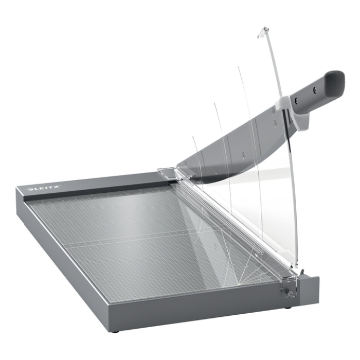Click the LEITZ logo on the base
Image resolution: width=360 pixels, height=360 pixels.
(44, 188)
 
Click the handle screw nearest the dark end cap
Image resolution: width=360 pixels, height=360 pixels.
(315, 91)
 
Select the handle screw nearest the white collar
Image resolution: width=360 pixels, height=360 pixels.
(296, 100)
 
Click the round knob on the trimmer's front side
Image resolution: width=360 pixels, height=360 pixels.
(290, 293)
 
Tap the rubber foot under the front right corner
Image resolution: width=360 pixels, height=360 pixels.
(287, 307)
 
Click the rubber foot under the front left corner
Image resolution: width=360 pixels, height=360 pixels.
(118, 332)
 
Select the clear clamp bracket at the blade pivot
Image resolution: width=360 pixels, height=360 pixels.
(167, 173)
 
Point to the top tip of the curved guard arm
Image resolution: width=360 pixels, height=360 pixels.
(266, 28)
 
